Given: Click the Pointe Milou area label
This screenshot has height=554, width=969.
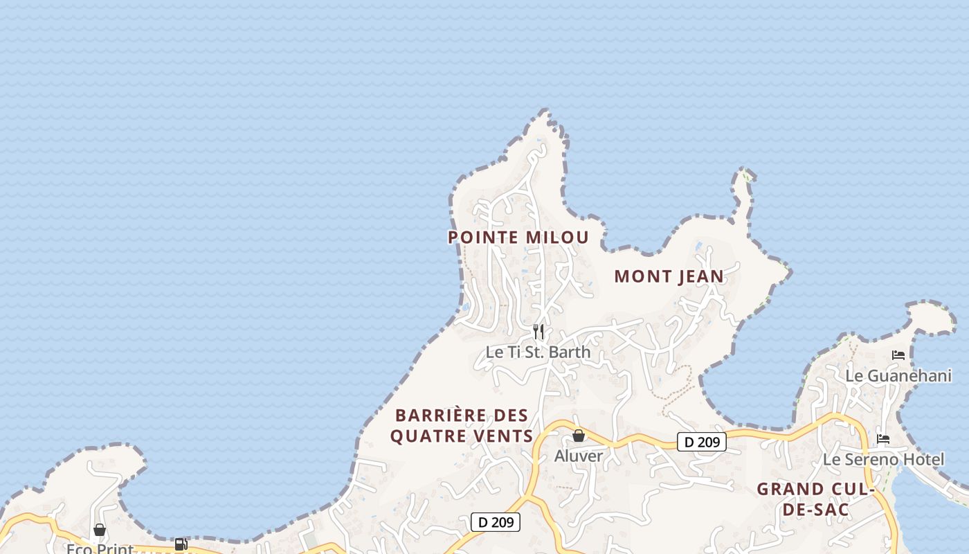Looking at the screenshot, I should tap(518, 238).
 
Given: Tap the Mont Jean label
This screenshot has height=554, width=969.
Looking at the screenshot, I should tap(669, 276).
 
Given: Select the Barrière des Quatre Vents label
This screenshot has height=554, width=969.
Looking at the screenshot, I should tap(462, 425).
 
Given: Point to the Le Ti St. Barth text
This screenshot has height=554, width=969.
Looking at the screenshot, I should tap(538, 352).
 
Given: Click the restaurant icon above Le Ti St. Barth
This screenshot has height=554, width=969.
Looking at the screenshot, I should tap(538, 332).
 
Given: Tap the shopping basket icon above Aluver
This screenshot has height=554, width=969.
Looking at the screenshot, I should tap(579, 436).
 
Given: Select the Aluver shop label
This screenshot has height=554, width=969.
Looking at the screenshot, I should tap(579, 456).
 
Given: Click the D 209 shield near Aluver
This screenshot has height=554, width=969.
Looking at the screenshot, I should tap(701, 442).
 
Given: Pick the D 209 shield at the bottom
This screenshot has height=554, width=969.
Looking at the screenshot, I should tap(495, 522).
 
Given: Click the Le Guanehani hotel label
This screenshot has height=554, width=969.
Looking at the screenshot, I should tap(898, 376).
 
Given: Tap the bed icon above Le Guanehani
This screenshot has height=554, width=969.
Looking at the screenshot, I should tap(898, 355).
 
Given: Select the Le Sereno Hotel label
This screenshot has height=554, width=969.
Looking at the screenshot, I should tap(883, 459).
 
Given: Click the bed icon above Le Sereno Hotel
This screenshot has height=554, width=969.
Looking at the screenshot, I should tap(883, 438).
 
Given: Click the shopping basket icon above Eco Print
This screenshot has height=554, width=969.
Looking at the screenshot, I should tap(100, 530).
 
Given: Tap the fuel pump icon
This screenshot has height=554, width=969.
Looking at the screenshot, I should tap(181, 544).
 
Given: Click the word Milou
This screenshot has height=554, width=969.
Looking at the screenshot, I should tap(556, 238).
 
